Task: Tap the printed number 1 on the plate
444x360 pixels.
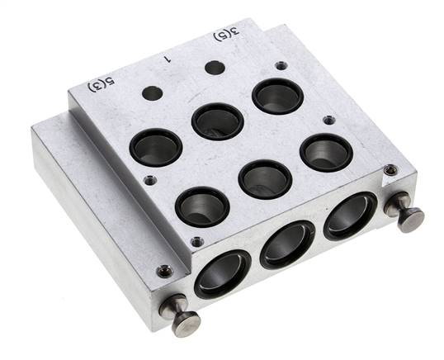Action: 168,59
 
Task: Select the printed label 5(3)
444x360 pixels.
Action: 102,84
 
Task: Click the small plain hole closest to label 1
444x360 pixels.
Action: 215,68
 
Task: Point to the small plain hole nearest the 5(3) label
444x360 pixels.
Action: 153,93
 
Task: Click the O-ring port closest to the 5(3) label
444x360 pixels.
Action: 156,147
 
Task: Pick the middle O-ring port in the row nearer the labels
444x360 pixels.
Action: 218,121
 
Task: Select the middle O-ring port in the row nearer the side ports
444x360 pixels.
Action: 265,179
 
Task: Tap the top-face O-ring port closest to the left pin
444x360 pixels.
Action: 202,206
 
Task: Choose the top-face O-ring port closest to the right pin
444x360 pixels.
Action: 326,153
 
